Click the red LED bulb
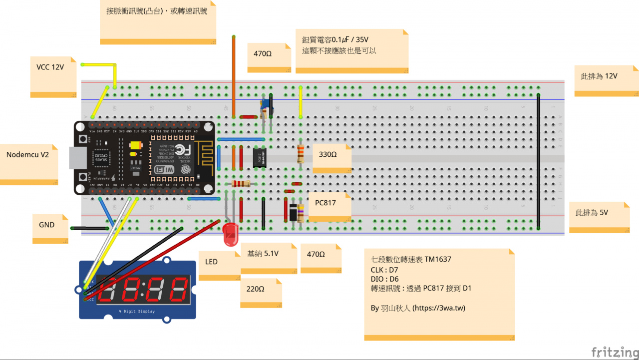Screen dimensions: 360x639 point(230,234)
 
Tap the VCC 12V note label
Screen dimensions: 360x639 point(50,67)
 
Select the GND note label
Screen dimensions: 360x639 point(47,225)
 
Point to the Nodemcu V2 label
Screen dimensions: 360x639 point(27,155)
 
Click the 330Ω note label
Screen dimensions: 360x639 point(328,155)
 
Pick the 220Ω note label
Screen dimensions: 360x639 point(255,289)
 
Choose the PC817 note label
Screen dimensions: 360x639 point(325,203)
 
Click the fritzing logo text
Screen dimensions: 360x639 point(614,351)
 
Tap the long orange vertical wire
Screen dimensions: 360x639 point(233,75)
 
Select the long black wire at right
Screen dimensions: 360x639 point(538,160)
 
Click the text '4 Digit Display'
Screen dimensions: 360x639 point(137,312)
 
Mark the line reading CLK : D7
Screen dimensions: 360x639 point(384,270)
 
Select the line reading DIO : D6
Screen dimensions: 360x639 point(384,279)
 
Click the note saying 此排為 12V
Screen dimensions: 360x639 point(599,76)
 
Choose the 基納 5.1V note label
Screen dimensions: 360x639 point(263,254)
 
